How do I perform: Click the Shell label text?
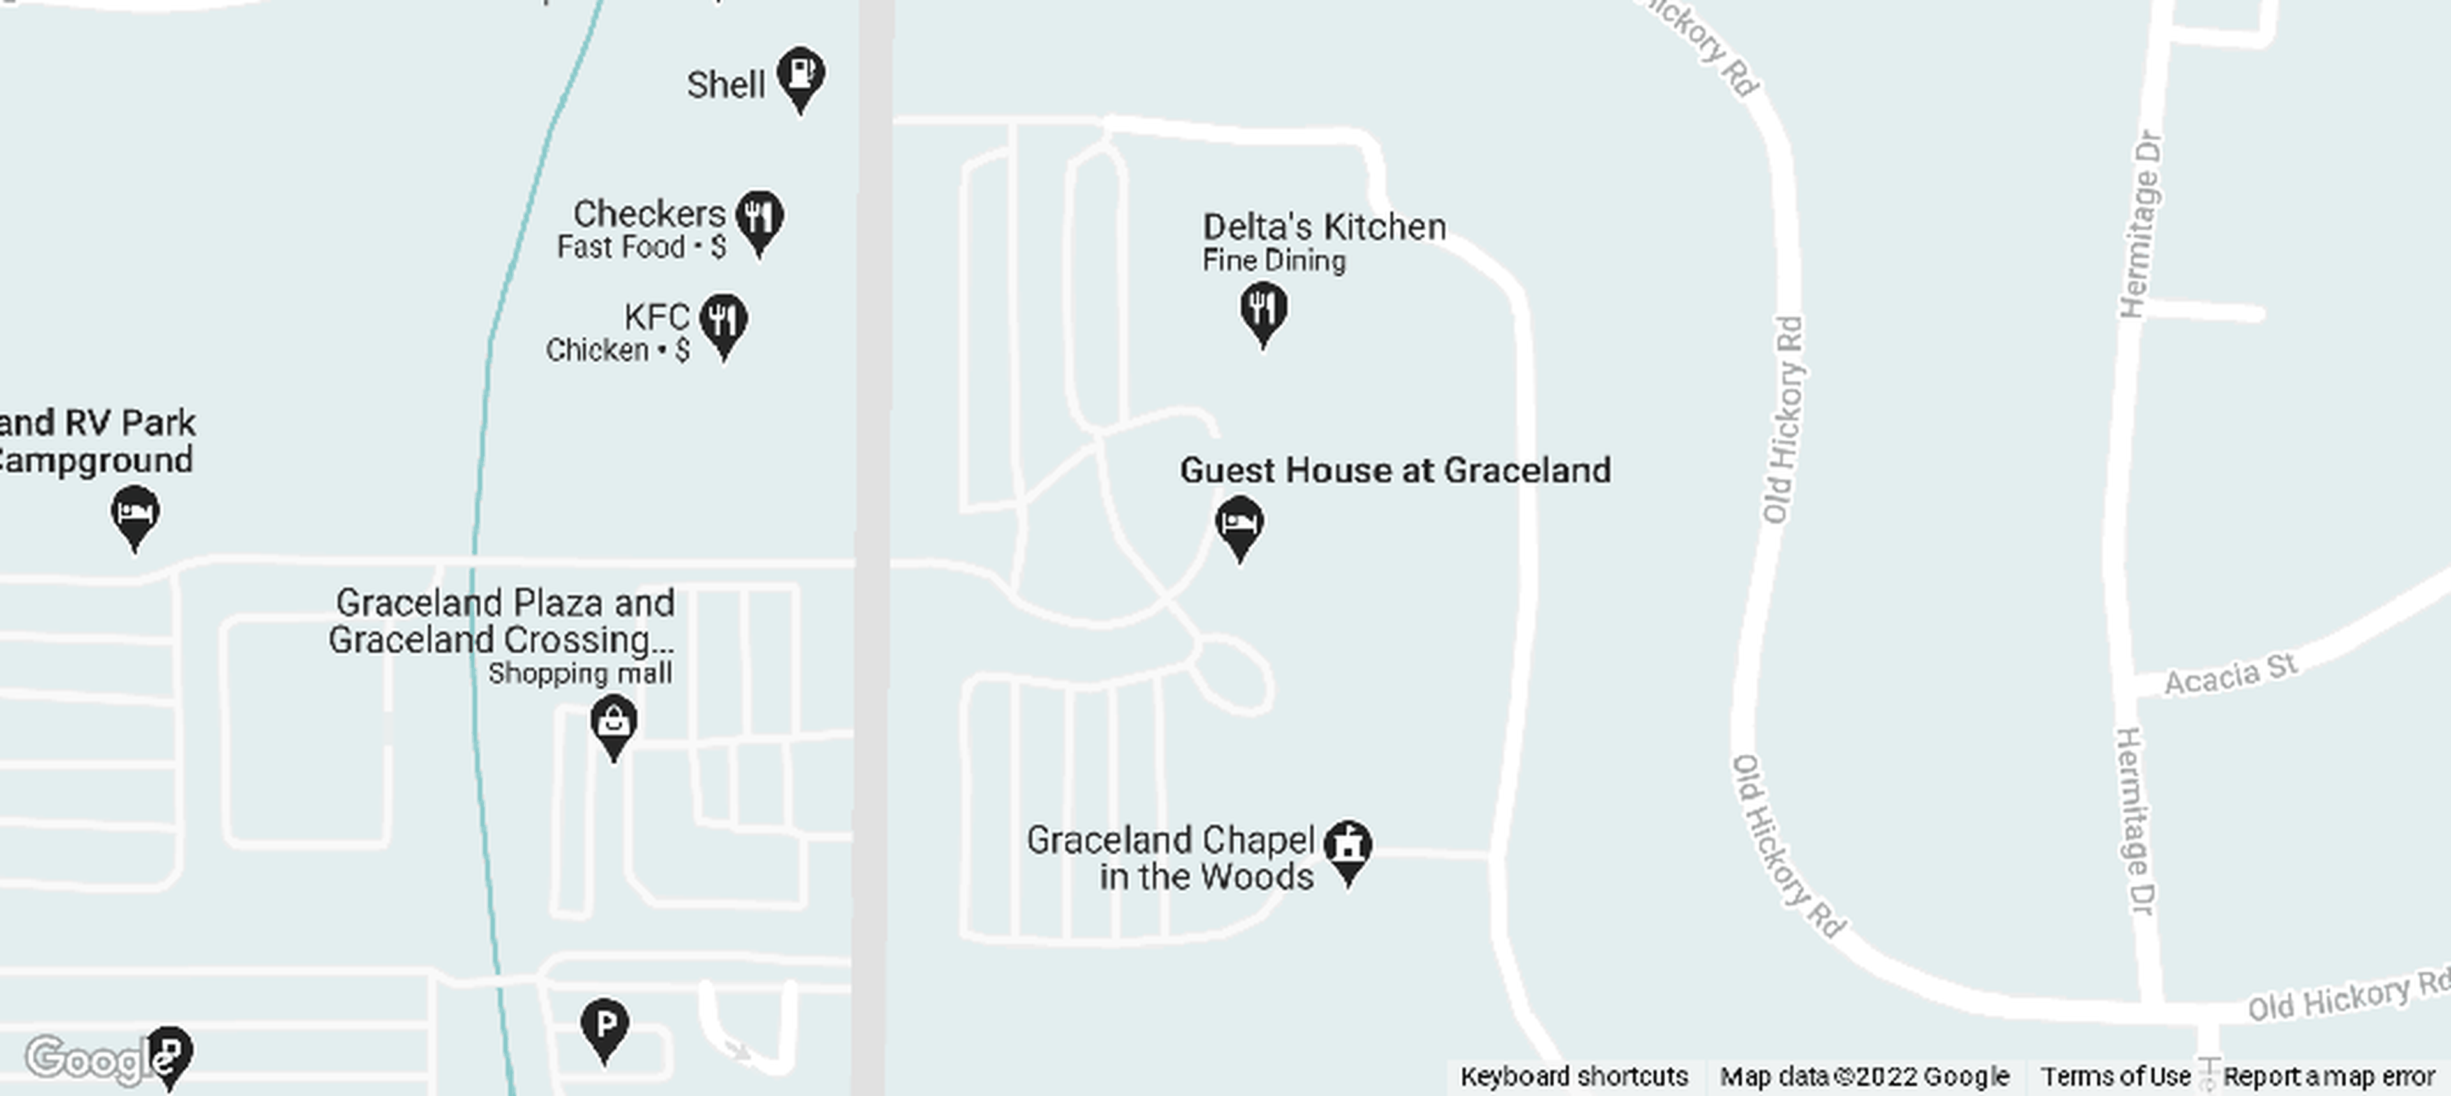725,85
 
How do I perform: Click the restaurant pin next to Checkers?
760,219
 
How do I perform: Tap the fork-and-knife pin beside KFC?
723,322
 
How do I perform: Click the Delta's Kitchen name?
1324,226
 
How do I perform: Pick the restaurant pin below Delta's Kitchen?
1263,310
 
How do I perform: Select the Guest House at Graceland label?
1395,470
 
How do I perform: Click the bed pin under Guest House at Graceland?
1239,524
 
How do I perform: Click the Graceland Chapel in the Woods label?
1171,858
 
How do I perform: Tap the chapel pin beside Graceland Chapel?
1348,847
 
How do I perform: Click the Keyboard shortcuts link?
1574,1076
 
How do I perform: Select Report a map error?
2328,1076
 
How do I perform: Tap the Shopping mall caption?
580,674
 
